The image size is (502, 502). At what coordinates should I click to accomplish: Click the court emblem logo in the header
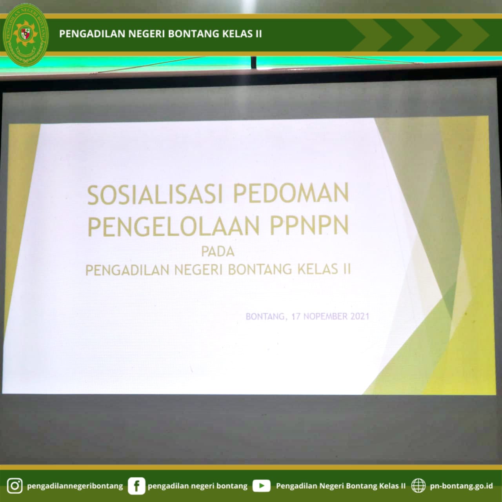click(x=25, y=35)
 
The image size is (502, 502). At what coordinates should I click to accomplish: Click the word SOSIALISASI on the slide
click(x=155, y=195)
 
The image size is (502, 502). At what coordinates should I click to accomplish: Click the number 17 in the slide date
click(x=296, y=316)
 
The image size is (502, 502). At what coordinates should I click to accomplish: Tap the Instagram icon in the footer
click(x=15, y=486)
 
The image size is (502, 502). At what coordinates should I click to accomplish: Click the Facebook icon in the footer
click(x=136, y=486)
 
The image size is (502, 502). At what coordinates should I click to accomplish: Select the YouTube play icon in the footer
click(x=261, y=486)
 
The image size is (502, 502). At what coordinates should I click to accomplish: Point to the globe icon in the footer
click(x=418, y=486)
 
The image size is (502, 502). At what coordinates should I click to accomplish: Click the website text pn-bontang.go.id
click(x=461, y=486)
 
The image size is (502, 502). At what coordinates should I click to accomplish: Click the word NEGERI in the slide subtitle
click(x=198, y=270)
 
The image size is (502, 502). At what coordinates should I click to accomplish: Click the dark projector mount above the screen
click(x=253, y=62)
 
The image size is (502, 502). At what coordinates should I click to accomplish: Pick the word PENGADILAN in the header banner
click(x=92, y=34)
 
